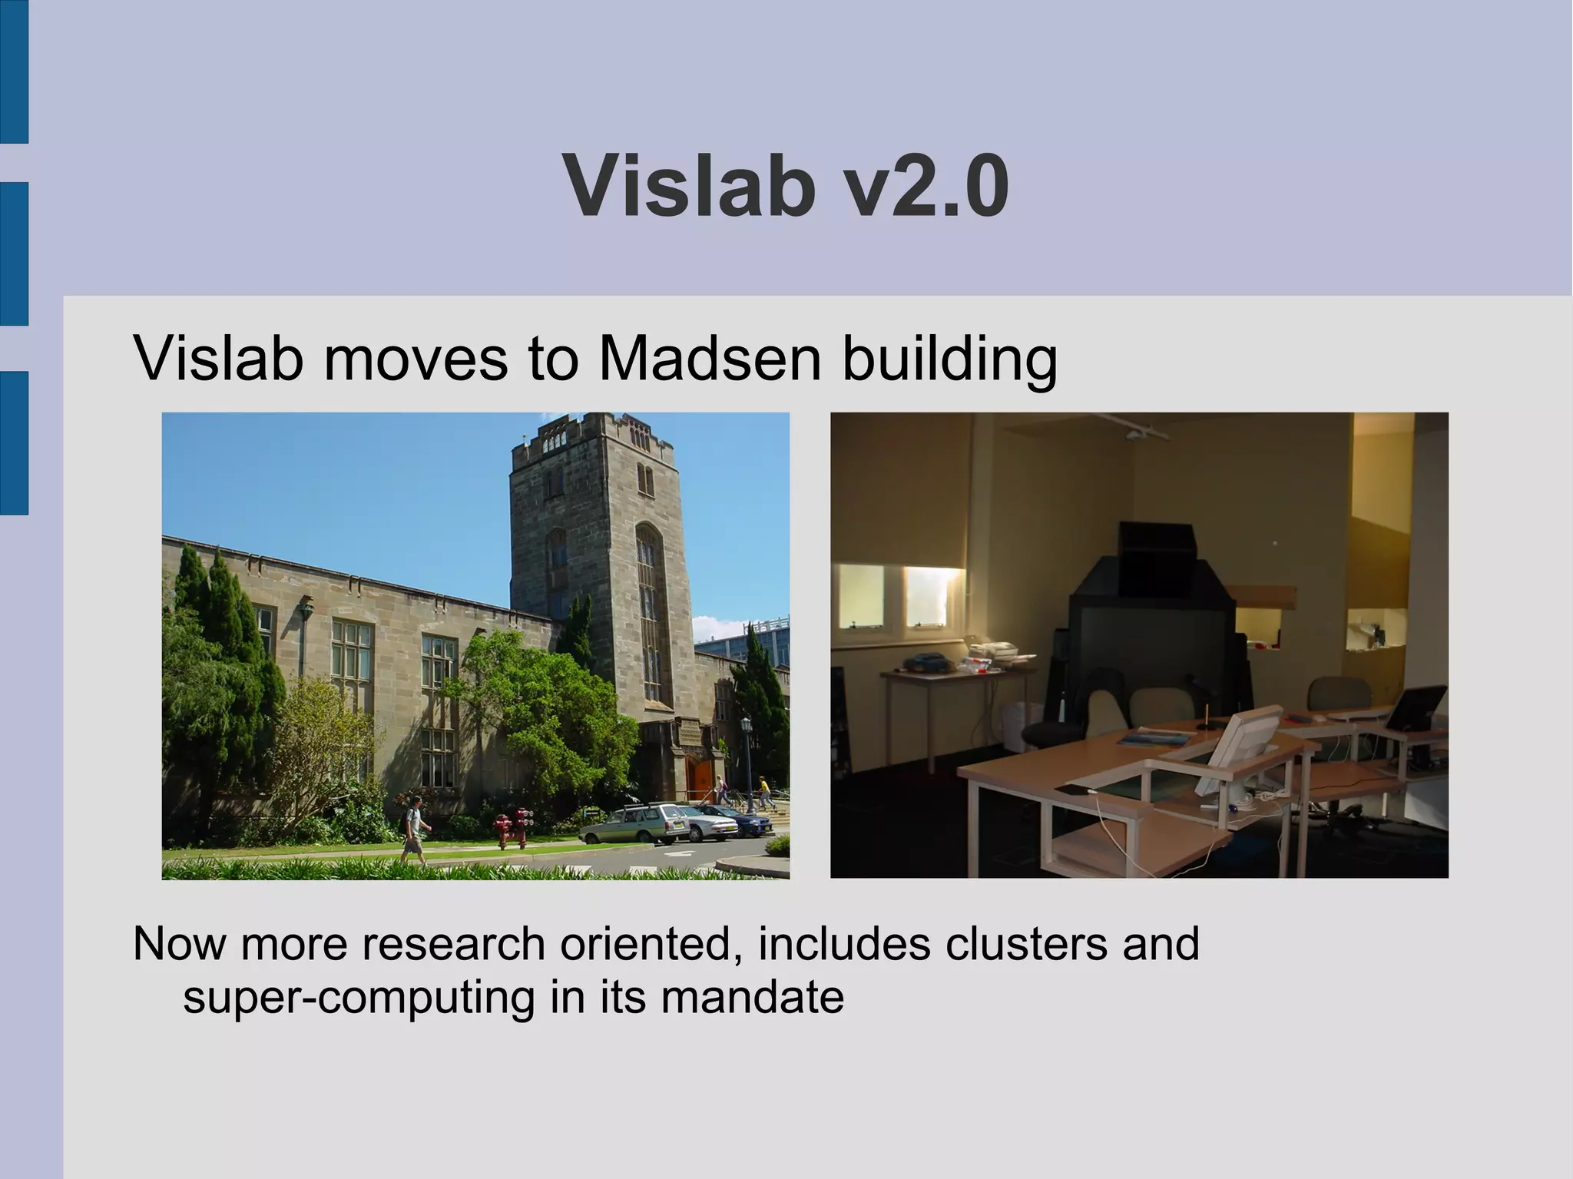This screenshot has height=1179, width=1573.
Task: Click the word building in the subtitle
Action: point(949,359)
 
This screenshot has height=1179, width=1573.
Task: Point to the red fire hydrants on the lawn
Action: point(513,828)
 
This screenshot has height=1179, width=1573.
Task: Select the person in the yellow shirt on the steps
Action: point(763,792)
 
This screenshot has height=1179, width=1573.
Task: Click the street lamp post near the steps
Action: point(747,760)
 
